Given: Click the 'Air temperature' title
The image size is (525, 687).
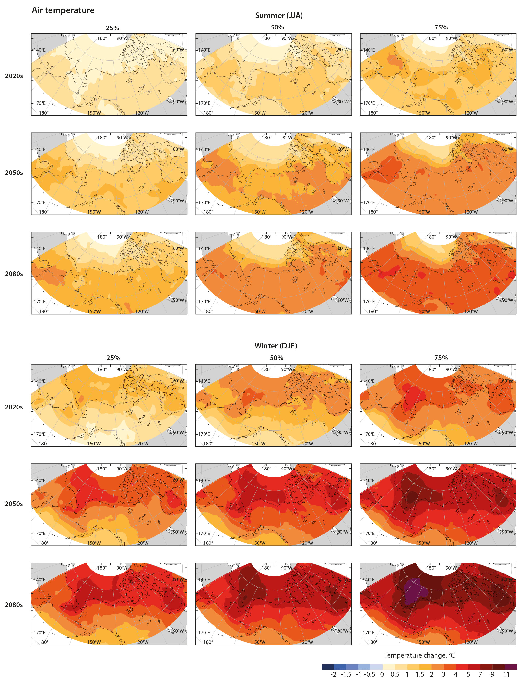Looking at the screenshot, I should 63,10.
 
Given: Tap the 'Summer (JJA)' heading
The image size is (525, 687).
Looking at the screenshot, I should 279,15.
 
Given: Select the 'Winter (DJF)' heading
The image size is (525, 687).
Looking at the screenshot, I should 276,346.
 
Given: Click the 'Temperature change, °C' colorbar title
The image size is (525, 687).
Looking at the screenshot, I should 419,655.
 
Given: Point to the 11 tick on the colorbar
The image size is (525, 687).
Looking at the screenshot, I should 506,674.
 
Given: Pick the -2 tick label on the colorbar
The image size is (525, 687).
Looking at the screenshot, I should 333,674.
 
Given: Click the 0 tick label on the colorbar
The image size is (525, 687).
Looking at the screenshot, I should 382,674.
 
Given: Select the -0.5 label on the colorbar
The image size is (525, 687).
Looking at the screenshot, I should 369,674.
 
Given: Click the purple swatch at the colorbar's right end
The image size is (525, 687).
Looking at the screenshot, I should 511,667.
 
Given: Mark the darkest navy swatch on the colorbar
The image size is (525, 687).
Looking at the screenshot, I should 328,667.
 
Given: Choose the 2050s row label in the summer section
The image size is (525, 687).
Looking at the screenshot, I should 14,173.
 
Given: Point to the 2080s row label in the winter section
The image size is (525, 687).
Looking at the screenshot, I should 14,605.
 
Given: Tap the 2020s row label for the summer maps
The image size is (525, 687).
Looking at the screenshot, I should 14,76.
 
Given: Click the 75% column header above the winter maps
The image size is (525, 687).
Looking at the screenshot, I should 441,358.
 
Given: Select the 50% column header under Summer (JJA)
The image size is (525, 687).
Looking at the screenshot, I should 277,28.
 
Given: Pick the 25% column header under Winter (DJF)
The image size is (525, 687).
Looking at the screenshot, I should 113,358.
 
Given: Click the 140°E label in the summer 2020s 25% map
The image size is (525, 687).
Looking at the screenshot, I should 39,50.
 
